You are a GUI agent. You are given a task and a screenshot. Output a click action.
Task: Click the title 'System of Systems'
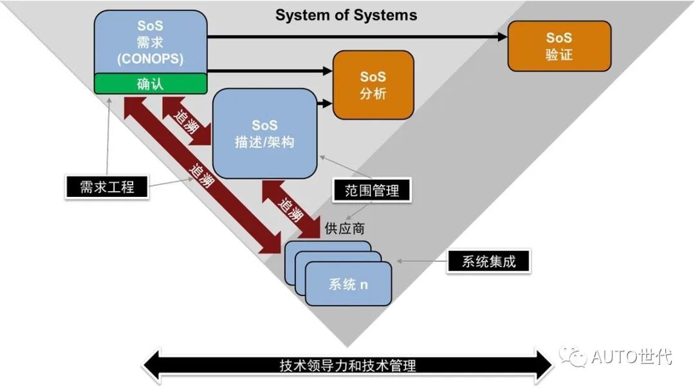click(x=346, y=15)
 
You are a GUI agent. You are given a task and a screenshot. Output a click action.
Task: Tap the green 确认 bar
click(x=151, y=84)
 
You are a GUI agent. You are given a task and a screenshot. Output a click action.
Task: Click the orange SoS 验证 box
click(x=559, y=46)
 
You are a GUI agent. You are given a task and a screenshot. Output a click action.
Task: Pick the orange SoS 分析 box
click(x=373, y=85)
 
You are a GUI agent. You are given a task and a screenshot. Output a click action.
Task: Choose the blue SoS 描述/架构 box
click(x=264, y=133)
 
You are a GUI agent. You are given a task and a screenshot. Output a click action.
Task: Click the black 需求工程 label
click(x=107, y=187)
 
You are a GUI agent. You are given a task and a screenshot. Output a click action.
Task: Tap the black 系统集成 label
click(x=489, y=262)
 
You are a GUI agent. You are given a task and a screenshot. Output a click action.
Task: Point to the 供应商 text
click(x=347, y=228)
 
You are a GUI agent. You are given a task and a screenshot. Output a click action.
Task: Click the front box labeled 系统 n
click(x=348, y=284)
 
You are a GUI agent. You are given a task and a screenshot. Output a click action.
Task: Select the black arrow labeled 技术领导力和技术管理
click(x=347, y=365)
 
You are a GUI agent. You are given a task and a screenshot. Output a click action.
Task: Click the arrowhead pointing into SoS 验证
click(x=502, y=37)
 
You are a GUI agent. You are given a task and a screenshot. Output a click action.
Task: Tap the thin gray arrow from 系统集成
click(x=421, y=262)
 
